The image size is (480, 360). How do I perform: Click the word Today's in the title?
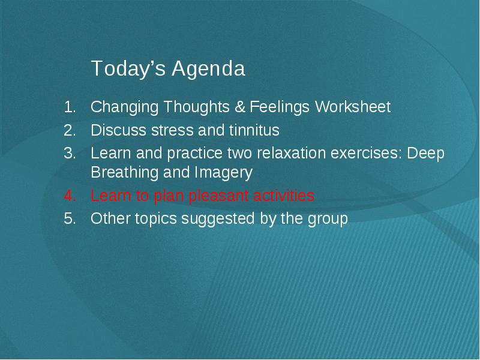tap(128, 68)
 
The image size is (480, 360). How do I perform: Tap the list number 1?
tap(70, 107)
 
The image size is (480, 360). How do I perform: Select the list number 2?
tap(70, 130)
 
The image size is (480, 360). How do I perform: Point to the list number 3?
tap(70, 153)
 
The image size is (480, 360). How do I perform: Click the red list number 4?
tap(70, 196)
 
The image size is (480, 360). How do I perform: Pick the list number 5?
tap(70, 218)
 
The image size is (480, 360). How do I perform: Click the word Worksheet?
tap(353, 107)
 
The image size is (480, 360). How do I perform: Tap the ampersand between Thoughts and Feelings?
tap(241, 107)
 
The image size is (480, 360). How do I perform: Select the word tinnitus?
tap(254, 130)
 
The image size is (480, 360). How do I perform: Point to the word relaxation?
tap(291, 153)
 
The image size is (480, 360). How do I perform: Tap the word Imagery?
tap(219, 173)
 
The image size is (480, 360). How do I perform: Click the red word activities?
tap(283, 196)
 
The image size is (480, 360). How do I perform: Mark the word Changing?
tap(125, 108)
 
